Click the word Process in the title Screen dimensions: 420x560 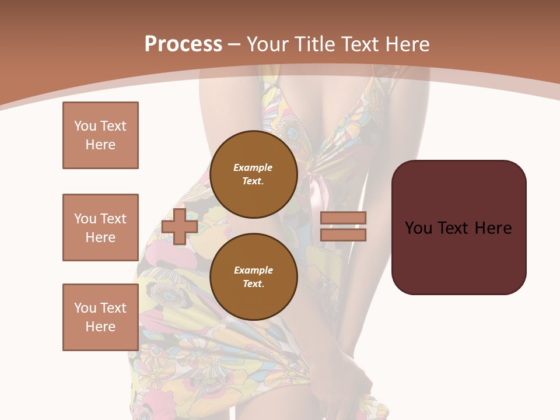pyautogui.click(x=183, y=44)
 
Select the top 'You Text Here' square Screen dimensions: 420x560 pyautogui.click(x=100, y=135)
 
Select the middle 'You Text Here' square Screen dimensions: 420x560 pyautogui.click(x=100, y=228)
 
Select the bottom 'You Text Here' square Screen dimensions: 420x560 pyautogui.click(x=100, y=317)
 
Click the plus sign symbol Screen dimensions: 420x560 pyautogui.click(x=179, y=226)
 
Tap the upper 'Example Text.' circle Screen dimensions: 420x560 pyautogui.click(x=253, y=174)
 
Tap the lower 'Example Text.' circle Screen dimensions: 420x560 pyautogui.click(x=253, y=277)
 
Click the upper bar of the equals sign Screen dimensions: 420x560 pyautogui.click(x=344, y=218)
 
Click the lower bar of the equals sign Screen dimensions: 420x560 pyautogui.click(x=344, y=235)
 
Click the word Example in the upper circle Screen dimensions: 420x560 pyautogui.click(x=253, y=167)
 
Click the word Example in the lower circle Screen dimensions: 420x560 pyautogui.click(x=253, y=270)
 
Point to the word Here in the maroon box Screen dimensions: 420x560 pyautogui.click(x=493, y=228)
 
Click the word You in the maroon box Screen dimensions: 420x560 pyautogui.click(x=418, y=228)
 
